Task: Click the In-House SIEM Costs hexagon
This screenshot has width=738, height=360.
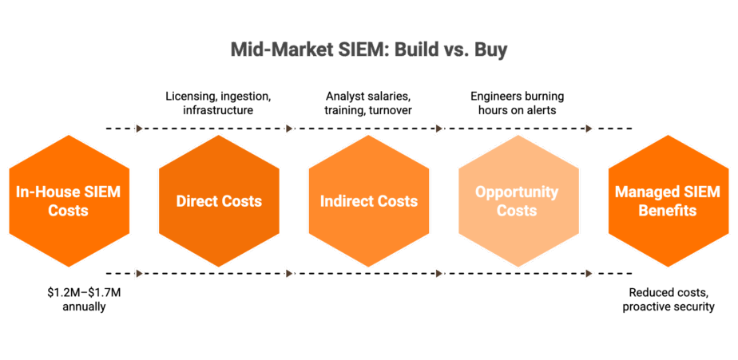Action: tap(68, 201)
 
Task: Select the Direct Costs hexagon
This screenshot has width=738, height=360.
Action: tap(219, 201)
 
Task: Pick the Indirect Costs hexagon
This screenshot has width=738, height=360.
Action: tap(369, 201)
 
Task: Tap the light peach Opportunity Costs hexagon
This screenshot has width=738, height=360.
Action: tap(518, 201)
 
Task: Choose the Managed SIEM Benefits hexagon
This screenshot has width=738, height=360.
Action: tap(667, 201)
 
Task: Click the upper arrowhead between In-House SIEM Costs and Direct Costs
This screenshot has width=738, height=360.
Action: tap(141, 129)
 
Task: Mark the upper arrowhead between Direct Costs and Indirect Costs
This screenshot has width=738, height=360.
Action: tap(290, 129)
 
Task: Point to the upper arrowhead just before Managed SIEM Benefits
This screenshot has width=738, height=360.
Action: tap(589, 129)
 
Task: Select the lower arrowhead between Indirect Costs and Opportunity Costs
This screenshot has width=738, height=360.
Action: tap(439, 273)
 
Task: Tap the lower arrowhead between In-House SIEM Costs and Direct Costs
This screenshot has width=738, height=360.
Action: tap(141, 273)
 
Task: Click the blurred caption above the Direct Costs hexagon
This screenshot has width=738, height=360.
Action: tap(219, 103)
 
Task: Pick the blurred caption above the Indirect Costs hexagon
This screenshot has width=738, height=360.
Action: tap(369, 103)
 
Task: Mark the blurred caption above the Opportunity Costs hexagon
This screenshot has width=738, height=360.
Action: tap(518, 103)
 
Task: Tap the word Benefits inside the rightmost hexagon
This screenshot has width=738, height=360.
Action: tap(667, 212)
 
